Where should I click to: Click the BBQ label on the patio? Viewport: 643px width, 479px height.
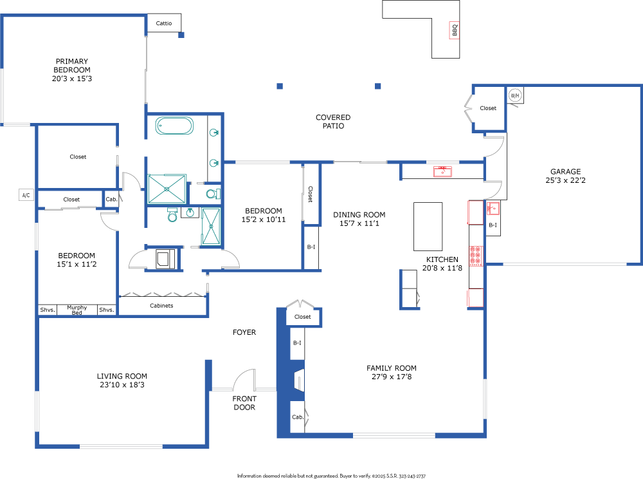pyautogui.click(x=455, y=30)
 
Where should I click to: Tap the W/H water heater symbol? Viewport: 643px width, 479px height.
pyautogui.click(x=514, y=96)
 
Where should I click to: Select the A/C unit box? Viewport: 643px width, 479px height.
pyautogui.click(x=26, y=195)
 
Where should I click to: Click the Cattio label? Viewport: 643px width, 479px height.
pyautogui.click(x=163, y=23)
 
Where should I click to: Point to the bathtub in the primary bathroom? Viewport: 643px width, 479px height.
pyautogui.click(x=174, y=126)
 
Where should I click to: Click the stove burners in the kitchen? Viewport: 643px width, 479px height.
pyautogui.click(x=476, y=256)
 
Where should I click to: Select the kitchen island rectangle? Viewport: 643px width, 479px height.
pyautogui.click(x=428, y=227)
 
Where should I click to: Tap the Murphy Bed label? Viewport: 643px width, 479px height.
pyautogui.click(x=77, y=310)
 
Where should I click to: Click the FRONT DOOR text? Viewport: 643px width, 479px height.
pyautogui.click(x=244, y=402)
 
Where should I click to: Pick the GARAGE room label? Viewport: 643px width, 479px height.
pyautogui.click(x=565, y=171)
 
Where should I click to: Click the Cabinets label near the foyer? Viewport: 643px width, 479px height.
pyautogui.click(x=161, y=305)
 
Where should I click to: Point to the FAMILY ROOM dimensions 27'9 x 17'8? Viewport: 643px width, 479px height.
pyautogui.click(x=392, y=377)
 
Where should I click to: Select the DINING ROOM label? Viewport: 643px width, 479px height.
pyautogui.click(x=359, y=214)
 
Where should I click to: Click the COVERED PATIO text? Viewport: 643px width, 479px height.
pyautogui.click(x=333, y=122)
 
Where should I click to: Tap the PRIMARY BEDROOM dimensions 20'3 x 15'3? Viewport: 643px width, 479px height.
pyautogui.click(x=72, y=79)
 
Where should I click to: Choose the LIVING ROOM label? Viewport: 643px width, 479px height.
pyautogui.click(x=122, y=376)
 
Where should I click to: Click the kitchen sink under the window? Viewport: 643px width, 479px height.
pyautogui.click(x=443, y=171)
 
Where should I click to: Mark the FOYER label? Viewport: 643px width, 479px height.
pyautogui.click(x=244, y=332)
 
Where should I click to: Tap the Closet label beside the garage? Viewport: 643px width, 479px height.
pyautogui.click(x=488, y=108)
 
